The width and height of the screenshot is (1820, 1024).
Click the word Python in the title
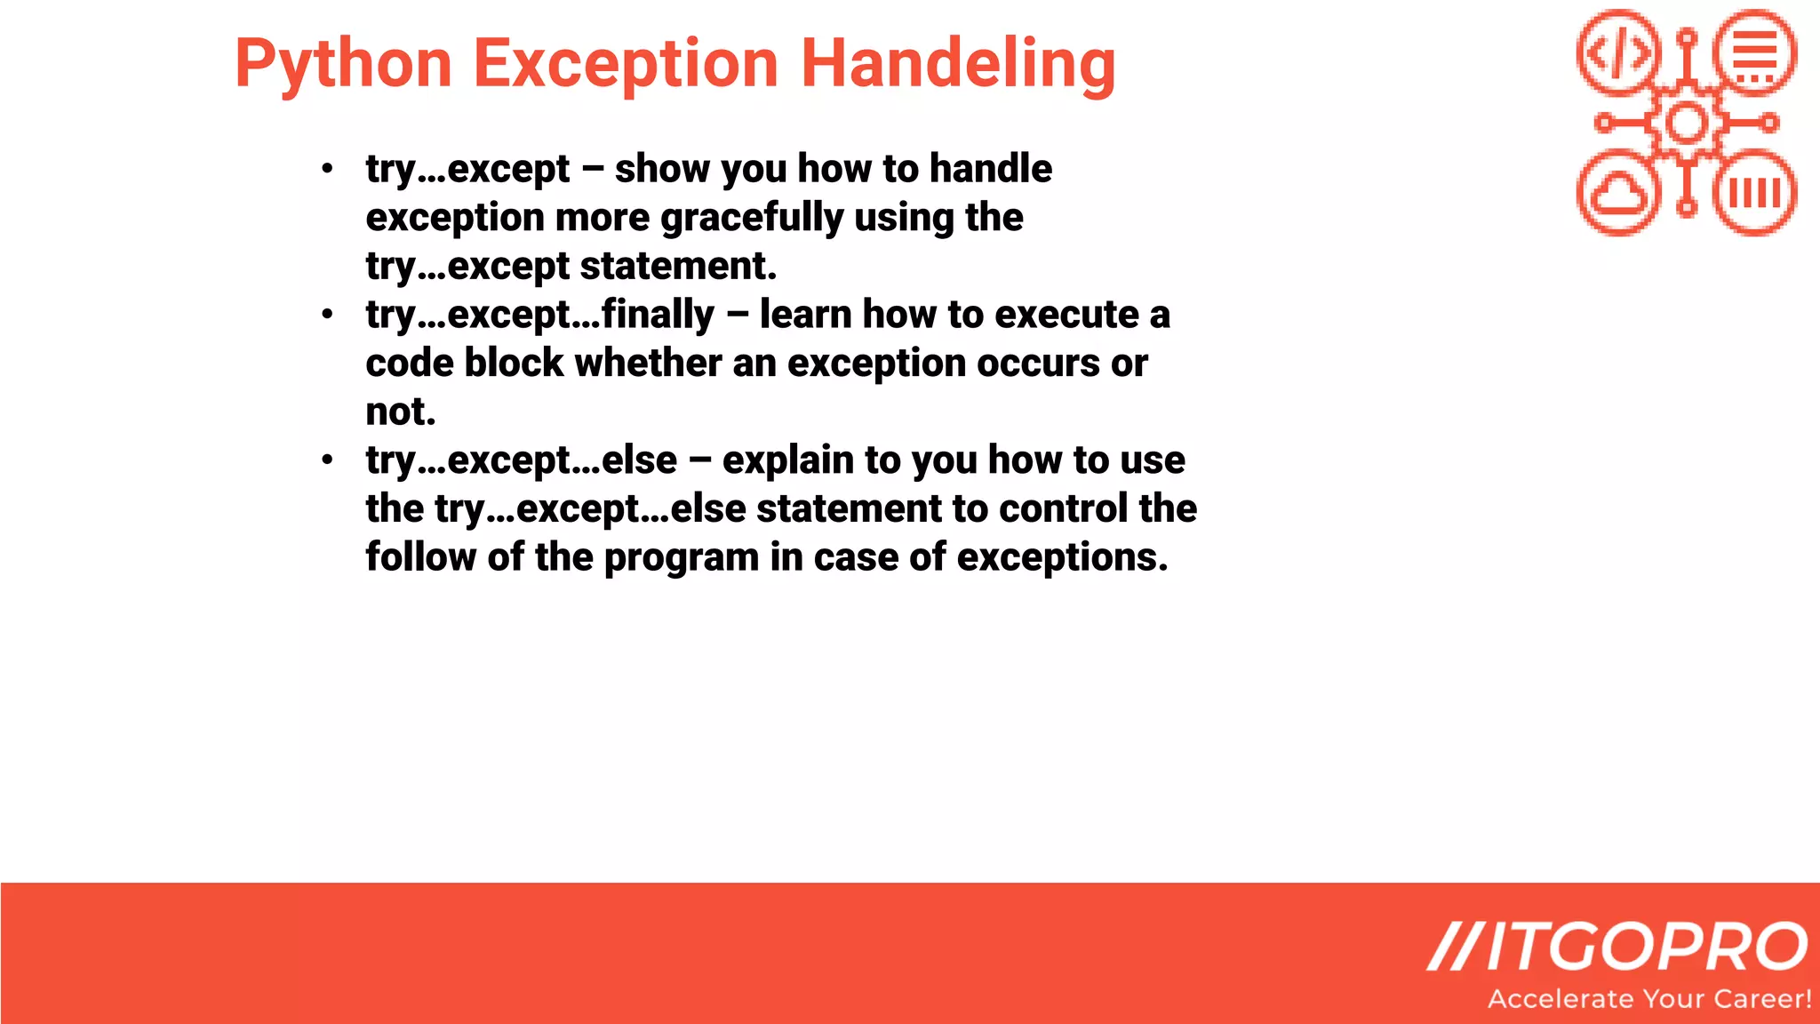click(x=343, y=64)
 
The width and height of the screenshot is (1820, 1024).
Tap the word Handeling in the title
click(x=958, y=64)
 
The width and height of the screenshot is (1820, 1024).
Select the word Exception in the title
click(x=626, y=64)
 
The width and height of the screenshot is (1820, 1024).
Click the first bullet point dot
click(x=328, y=168)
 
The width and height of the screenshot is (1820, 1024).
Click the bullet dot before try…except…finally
click(x=328, y=314)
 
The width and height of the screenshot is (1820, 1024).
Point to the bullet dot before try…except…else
click(x=328, y=460)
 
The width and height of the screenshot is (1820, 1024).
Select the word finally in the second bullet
click(x=658, y=315)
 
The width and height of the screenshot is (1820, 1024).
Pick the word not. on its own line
click(x=401, y=412)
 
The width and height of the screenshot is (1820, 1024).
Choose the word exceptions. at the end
click(x=1062, y=557)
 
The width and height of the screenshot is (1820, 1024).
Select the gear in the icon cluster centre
click(x=1687, y=123)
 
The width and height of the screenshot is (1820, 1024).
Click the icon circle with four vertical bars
click(x=1755, y=193)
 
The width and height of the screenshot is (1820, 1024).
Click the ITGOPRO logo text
click(x=1617, y=948)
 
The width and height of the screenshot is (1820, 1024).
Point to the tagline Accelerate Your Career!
click(x=1649, y=999)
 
